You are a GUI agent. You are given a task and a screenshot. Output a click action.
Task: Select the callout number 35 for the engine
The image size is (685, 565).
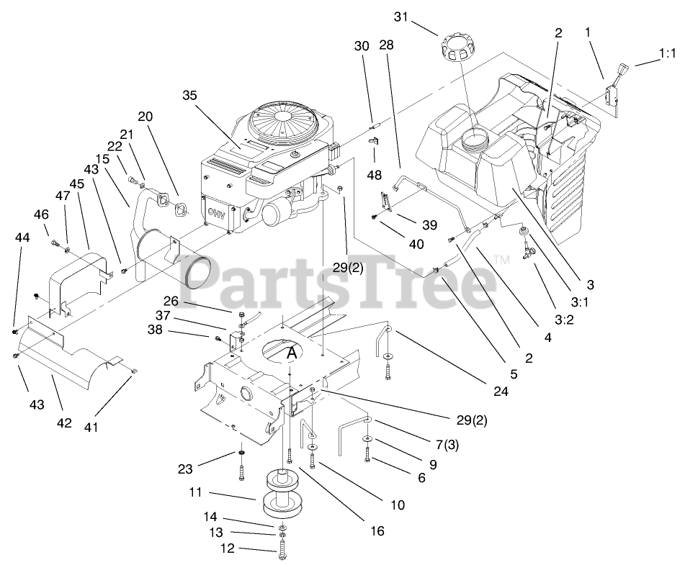click(189, 95)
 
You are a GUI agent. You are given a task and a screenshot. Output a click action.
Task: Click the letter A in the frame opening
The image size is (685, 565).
click(292, 353)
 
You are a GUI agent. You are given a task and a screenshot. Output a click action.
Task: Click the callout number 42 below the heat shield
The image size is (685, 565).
click(64, 422)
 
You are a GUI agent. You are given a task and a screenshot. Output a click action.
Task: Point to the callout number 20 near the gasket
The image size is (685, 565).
click(145, 117)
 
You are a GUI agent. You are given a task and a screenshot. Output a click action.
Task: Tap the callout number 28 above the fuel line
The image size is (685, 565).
click(387, 45)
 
